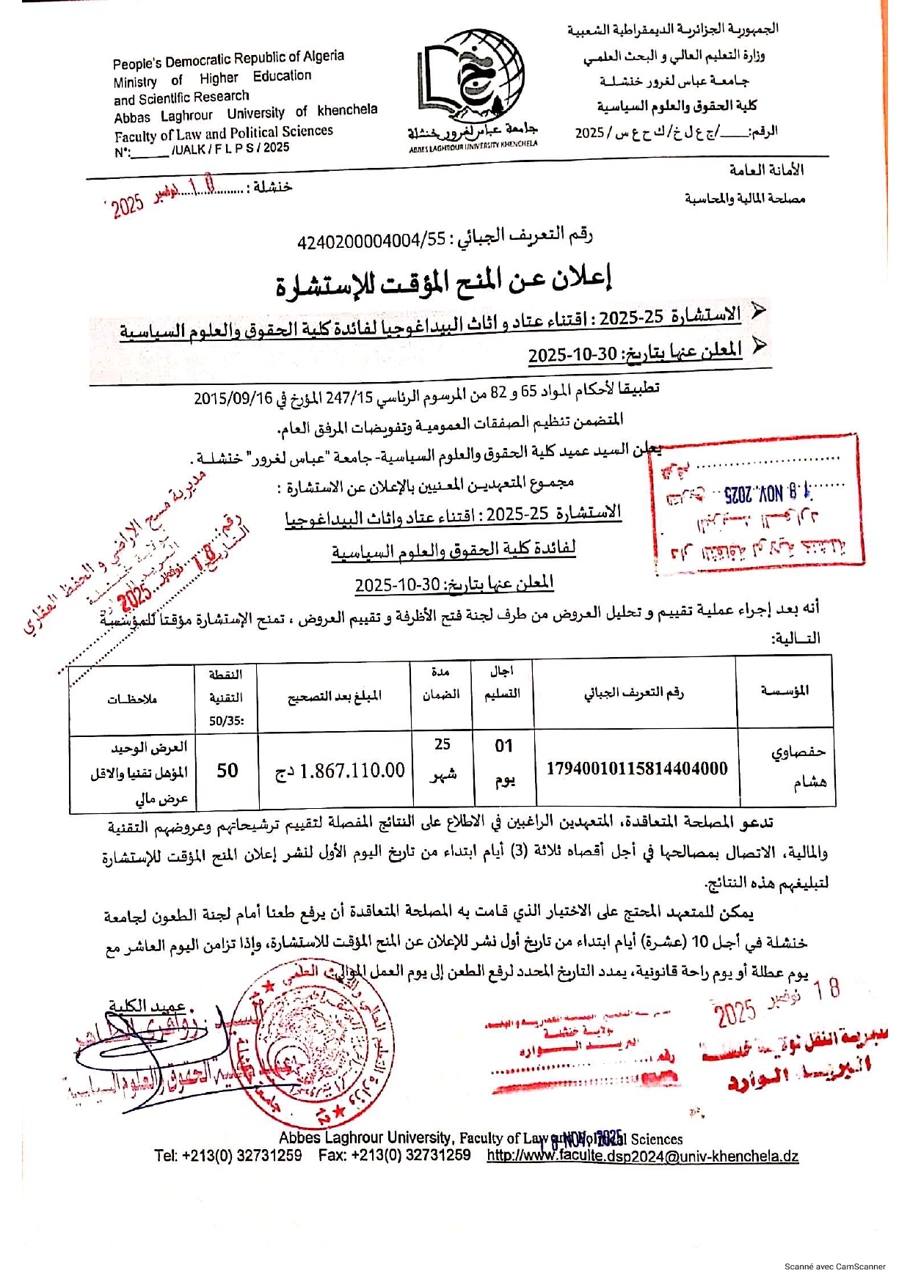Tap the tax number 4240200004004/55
pos(371,241)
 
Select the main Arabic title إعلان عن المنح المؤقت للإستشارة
pos(443,281)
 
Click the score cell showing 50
pos(227,770)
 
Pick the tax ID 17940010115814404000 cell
pos(636,769)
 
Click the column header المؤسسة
pos(785,691)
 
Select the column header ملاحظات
pos(132,699)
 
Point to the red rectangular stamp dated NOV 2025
pos(756,501)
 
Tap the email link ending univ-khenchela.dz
pos(642,1156)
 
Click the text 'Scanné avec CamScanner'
pos(834,1266)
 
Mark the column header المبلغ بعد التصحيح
pos(334,695)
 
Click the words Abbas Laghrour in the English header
pos(163,117)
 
